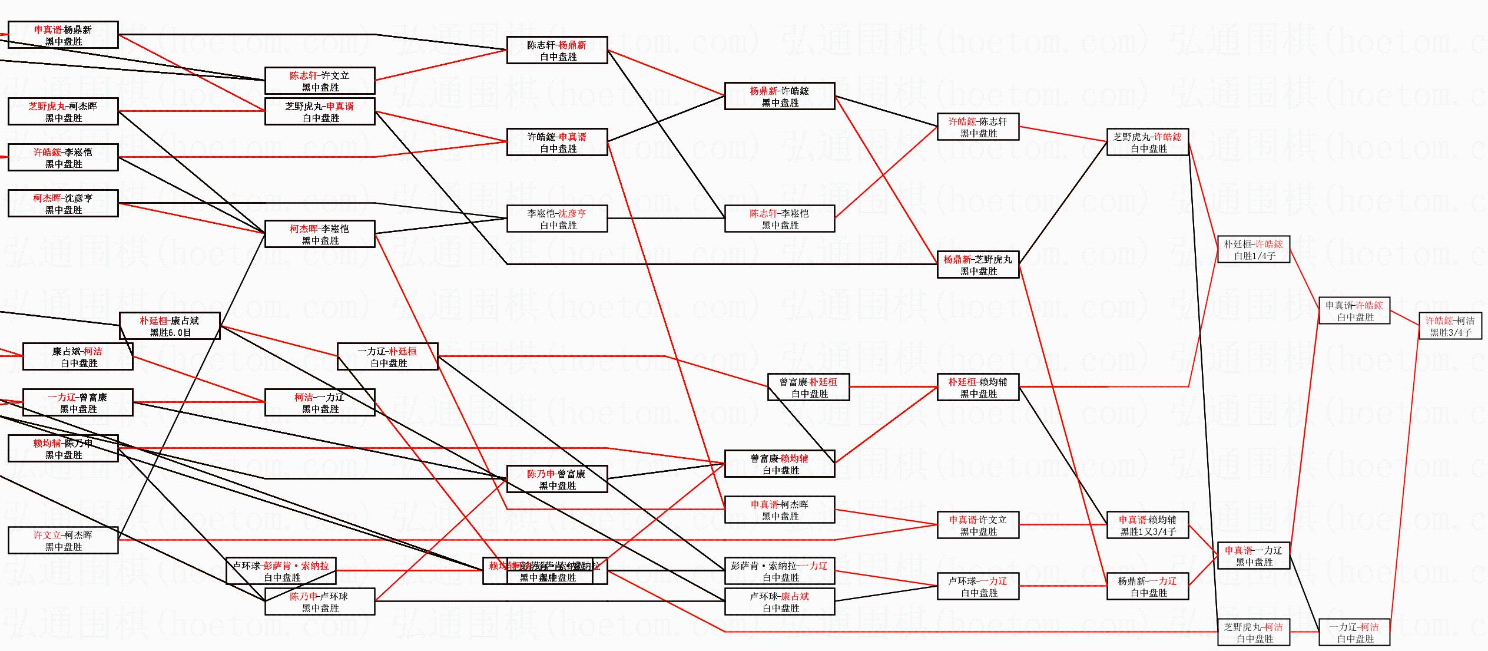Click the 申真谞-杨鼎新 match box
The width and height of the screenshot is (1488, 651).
63,35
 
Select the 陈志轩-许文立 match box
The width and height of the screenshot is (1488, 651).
320,81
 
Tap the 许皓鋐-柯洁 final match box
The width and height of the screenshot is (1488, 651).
1450,326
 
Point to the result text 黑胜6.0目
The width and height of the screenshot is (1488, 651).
171,333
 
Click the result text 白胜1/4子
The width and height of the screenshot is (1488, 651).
1254,256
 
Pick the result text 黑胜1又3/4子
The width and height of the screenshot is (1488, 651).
1148,532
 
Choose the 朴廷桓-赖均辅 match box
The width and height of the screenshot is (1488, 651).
977,388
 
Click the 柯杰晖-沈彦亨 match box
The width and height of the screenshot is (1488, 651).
63,204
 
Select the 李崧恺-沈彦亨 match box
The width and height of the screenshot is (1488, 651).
556,219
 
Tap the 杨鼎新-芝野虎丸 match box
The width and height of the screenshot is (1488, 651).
977,265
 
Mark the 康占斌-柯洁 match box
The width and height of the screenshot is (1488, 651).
78,357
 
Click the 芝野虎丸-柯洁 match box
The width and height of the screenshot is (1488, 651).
1254,633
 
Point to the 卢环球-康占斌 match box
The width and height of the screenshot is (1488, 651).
780,602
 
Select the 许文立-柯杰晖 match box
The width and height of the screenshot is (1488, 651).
63,541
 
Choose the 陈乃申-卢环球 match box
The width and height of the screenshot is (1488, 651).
320,602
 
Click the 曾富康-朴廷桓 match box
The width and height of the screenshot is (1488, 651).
808,388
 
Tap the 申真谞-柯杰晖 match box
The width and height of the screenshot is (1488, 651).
780,510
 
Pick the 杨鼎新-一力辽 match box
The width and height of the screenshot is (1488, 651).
1148,587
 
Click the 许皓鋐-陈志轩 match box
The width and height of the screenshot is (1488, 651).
977,127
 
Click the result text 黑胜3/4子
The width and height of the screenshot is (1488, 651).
1450,333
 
